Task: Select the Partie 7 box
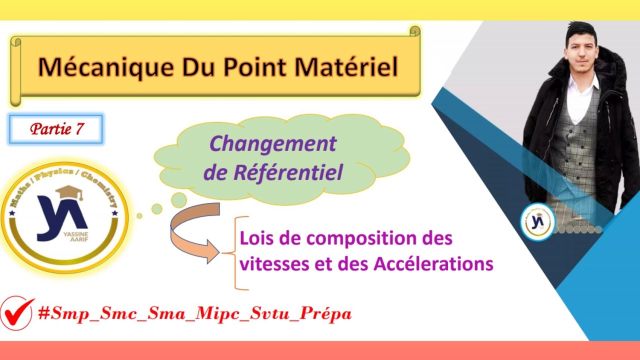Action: (56, 129)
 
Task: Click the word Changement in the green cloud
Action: (272, 144)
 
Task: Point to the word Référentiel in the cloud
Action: (287, 173)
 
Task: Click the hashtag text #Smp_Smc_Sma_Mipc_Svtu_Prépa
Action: (195, 313)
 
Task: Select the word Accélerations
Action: (433, 263)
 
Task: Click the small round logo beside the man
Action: (537, 221)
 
